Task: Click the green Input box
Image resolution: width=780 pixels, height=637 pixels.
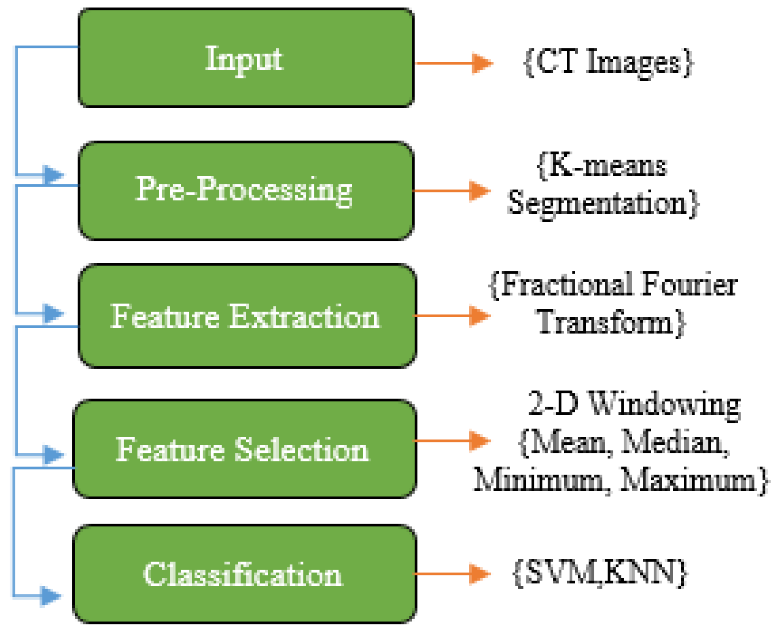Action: (246, 58)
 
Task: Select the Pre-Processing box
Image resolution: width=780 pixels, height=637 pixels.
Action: (246, 191)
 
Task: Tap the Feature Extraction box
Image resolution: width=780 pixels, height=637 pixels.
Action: (247, 316)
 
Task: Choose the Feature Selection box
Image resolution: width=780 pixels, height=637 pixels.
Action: (245, 449)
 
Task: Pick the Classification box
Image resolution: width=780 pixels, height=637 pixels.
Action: (245, 574)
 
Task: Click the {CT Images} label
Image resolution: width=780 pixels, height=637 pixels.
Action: (608, 63)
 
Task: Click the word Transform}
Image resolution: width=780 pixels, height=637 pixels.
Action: (611, 322)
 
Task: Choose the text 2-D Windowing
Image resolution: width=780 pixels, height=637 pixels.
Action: (634, 404)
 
